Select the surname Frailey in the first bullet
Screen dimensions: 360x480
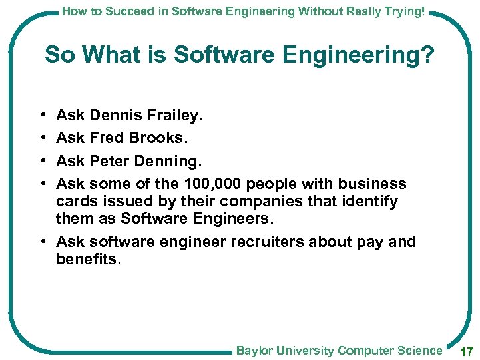point(175,116)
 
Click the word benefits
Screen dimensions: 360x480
point(89,259)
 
